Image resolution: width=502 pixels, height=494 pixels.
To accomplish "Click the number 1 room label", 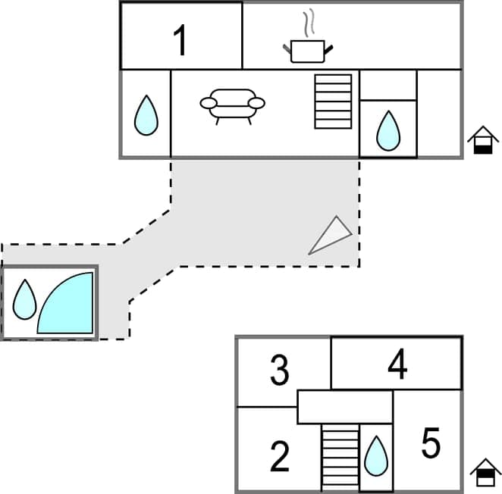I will click(180, 40).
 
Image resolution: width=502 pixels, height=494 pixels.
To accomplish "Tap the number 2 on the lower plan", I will click(280, 456).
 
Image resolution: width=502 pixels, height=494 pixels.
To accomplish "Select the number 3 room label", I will click(280, 371).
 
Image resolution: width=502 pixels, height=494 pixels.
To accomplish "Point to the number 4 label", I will click(397, 366).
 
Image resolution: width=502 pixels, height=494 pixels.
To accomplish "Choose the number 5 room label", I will click(431, 444).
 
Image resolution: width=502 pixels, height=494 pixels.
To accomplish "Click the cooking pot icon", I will click(308, 51).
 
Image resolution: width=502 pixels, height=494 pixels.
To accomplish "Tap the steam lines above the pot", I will click(307, 23).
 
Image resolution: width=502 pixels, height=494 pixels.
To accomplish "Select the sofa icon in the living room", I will click(233, 105).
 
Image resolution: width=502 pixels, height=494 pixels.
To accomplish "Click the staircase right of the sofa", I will click(333, 101).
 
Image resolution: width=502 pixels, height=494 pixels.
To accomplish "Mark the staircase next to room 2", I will click(340, 456).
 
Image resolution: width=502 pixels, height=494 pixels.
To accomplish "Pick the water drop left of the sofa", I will click(146, 116).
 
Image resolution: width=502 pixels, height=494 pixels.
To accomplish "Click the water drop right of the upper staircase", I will click(388, 130).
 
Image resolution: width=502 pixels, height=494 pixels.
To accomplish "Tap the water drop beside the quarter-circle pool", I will click(25, 299).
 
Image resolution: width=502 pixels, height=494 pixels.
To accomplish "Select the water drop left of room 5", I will click(376, 456).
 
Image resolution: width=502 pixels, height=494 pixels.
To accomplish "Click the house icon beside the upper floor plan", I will click(483, 140).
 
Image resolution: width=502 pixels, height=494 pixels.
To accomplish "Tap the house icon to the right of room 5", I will click(485, 473).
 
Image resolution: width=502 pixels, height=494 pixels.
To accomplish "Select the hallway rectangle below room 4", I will click(344, 407).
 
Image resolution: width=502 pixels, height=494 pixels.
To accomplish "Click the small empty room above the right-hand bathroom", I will click(388, 85).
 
